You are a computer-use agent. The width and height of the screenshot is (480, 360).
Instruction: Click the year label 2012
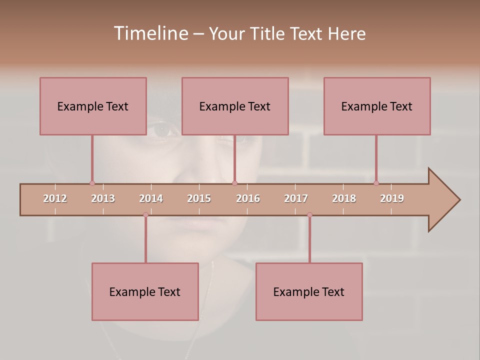pos(55,198)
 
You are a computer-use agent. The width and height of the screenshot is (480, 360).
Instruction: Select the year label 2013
pos(103,198)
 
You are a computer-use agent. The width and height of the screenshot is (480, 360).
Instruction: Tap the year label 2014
pos(151,198)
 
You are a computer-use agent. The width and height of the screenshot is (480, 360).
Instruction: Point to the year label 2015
pos(199,198)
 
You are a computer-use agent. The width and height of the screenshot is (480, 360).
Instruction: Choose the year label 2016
pos(248,198)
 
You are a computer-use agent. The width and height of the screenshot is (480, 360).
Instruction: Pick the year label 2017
pos(296,198)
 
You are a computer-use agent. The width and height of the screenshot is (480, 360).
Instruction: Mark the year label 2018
pos(344,198)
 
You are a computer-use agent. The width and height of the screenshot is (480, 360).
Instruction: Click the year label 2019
pos(392,198)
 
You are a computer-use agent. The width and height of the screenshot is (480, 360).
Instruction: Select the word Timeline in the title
pos(150,33)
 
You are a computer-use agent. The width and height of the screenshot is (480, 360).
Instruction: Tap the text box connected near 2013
pos(93,106)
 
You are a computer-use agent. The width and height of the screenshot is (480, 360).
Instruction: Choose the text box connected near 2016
pos(235,106)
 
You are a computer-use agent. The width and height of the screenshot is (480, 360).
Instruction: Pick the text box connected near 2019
pos(377,106)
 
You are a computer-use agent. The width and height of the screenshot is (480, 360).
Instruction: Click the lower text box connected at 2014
pos(145,291)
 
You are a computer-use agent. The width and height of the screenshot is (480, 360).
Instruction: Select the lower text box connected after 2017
pos(309,291)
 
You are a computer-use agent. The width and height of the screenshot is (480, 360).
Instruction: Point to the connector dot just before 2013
pos(92,183)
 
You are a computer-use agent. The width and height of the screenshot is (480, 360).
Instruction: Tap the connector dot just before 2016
pos(235,183)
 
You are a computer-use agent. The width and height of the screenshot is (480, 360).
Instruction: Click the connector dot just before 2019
pos(376,183)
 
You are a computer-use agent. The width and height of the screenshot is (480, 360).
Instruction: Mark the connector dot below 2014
pos(145,214)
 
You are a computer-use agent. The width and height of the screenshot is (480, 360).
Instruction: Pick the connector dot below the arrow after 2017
pos(309,214)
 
